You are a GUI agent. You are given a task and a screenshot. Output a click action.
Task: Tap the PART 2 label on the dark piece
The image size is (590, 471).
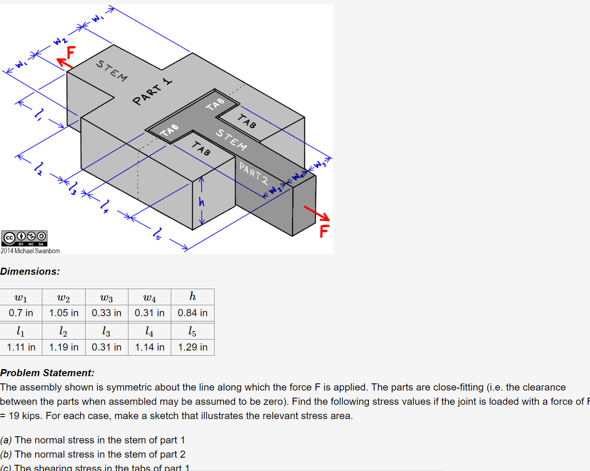click(x=254, y=174)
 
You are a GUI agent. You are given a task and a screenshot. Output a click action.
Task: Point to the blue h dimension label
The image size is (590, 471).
click(x=202, y=202)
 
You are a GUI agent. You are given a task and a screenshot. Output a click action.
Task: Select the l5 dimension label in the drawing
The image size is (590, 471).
click(x=157, y=233)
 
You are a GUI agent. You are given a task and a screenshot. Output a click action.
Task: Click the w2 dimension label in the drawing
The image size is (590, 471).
click(x=60, y=40)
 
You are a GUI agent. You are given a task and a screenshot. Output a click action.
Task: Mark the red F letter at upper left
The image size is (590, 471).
click(x=71, y=52)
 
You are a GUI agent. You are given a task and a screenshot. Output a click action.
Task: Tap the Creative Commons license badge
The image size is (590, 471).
click(x=24, y=238)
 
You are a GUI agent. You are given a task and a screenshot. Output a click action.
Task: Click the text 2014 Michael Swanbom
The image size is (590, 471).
click(x=30, y=251)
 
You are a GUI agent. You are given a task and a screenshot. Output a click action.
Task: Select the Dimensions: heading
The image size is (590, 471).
click(x=30, y=271)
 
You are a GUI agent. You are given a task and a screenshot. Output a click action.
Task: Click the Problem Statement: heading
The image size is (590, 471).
click(x=47, y=373)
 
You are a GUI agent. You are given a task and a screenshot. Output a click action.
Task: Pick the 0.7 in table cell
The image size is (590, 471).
click(x=21, y=313)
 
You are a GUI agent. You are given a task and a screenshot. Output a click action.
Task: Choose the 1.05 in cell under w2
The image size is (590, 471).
click(x=64, y=313)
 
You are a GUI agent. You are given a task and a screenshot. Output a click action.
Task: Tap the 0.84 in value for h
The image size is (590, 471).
click(x=193, y=313)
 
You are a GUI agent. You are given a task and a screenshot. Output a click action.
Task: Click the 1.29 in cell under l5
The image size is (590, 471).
click(x=193, y=347)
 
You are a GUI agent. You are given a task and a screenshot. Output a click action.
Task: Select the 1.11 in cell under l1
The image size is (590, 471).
click(x=21, y=347)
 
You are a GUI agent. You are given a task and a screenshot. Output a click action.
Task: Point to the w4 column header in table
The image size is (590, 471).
click(x=149, y=298)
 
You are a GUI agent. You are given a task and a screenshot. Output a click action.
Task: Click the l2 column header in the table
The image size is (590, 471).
click(x=63, y=331)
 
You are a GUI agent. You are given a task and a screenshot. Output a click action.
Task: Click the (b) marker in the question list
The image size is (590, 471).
click(x=6, y=454)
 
